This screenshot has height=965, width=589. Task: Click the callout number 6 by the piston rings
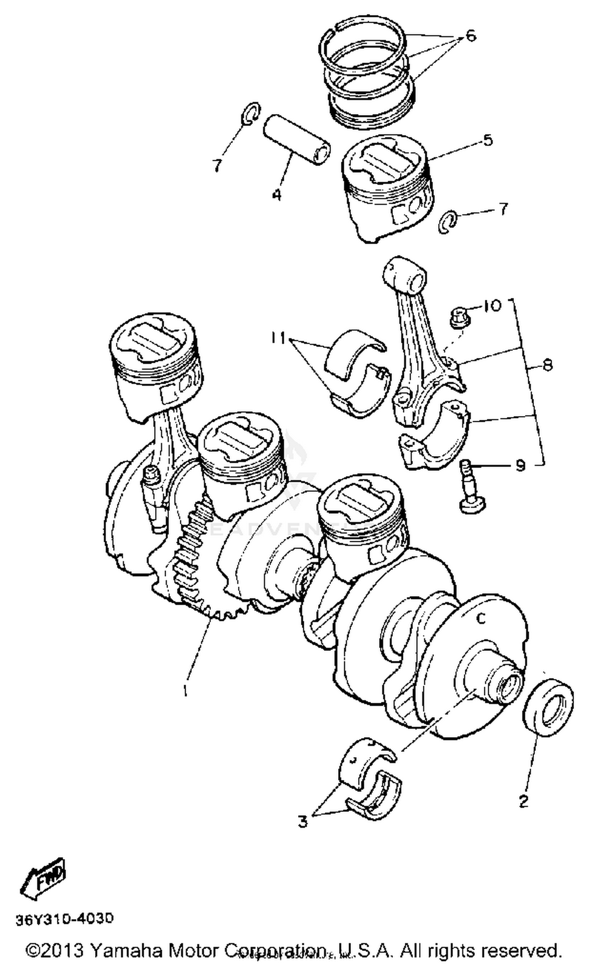pyautogui.click(x=470, y=36)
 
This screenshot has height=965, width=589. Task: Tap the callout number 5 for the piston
pyautogui.click(x=487, y=140)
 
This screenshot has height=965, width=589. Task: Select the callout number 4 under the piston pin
pyautogui.click(x=277, y=194)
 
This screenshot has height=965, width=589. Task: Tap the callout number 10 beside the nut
pyautogui.click(x=492, y=305)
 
